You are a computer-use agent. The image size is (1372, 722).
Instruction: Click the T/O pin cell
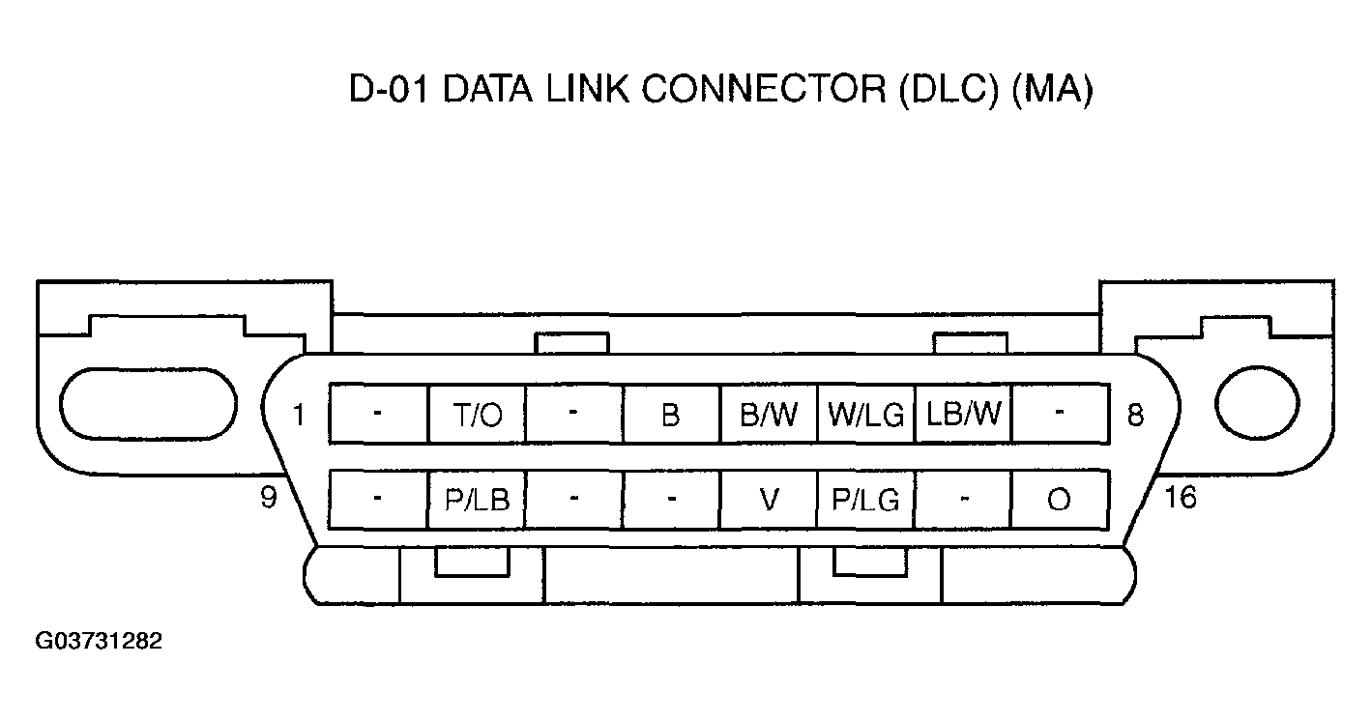477,415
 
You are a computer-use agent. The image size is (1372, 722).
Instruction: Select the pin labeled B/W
769,415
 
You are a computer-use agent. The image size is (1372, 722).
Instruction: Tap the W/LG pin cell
865,415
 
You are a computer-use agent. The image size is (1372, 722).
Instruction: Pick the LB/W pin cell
963,415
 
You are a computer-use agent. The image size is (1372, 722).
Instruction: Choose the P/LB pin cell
477,499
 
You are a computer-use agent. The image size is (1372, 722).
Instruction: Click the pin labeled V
769,499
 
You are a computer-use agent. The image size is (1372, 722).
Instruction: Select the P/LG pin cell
865,499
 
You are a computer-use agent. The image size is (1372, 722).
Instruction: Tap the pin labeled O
1060,500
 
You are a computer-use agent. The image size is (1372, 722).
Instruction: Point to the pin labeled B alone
671,415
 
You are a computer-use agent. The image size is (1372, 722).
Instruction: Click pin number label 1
300,416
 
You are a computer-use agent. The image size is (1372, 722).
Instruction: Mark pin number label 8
1135,416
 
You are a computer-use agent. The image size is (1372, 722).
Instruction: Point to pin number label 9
269,498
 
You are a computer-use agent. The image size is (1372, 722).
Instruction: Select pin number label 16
1181,498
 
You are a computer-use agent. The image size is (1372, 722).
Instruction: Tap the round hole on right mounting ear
1257,403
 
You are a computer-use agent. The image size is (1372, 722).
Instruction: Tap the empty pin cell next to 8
1060,415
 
